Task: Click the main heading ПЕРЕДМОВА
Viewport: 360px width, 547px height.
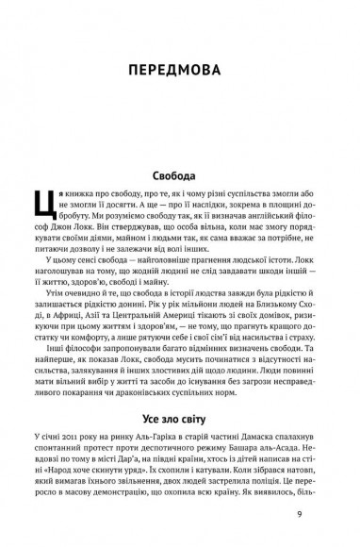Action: [x=179, y=71]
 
